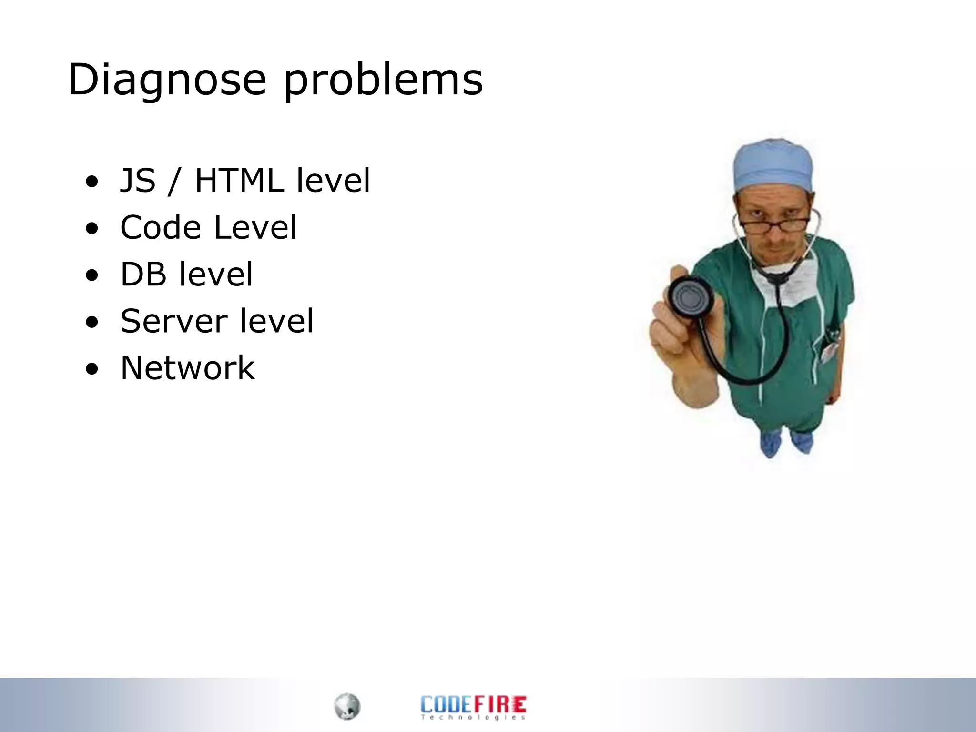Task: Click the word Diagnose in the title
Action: click(x=167, y=80)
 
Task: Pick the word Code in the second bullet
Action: click(x=161, y=227)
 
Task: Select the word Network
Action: click(x=187, y=368)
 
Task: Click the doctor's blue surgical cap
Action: click(x=773, y=164)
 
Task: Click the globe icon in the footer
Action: click(x=347, y=706)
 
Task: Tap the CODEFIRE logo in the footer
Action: click(x=473, y=703)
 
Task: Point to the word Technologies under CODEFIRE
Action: click(x=473, y=717)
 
